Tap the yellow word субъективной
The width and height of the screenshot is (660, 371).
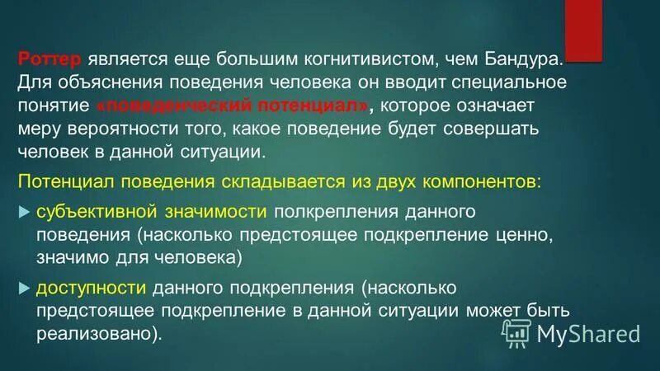coord(88,212)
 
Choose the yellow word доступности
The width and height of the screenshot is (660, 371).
coord(90,289)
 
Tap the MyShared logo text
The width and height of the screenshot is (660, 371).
coord(587,333)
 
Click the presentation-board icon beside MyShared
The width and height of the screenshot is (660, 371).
coord(516,333)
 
